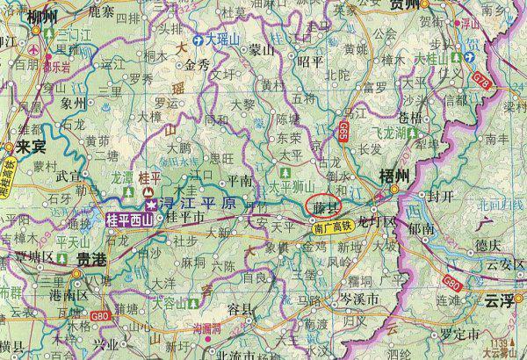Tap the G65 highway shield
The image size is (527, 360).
click(341, 133)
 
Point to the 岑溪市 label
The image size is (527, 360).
click(358, 299)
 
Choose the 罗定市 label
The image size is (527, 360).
click(458, 335)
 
